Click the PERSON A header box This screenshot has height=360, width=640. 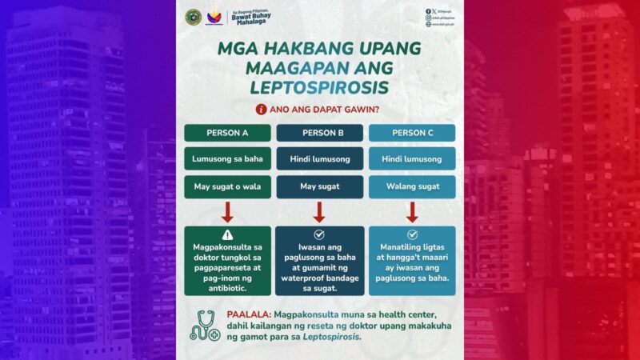(227, 133)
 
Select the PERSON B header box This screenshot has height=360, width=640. (319, 133)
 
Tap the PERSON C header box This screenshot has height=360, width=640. (412, 133)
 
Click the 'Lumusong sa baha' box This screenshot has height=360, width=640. (227, 158)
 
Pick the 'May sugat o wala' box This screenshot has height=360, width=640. (227, 187)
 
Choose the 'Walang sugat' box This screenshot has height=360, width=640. (412, 187)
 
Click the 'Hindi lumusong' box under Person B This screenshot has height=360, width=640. (319, 158)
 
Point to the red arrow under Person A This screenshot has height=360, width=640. (227, 212)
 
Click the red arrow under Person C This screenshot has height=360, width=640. (412, 212)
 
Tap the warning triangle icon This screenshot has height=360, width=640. (227, 235)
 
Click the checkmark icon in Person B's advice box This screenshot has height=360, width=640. (319, 234)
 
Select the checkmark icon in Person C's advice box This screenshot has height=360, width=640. (412, 234)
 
